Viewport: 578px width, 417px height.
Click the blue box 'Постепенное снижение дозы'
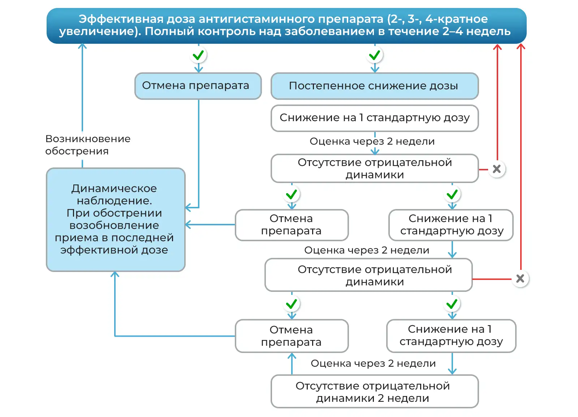point(375,86)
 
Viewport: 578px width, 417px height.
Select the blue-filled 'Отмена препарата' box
point(198,86)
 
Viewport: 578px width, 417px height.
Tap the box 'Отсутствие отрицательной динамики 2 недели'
point(375,392)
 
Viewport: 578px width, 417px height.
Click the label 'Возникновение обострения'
point(88,145)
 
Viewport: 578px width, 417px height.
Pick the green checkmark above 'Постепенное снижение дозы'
point(375,55)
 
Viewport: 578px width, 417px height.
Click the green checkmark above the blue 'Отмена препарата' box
point(198,55)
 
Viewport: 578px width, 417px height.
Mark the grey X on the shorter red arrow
point(497,169)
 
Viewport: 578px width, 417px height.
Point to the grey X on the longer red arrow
point(520,278)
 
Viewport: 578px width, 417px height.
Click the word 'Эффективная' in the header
point(121,19)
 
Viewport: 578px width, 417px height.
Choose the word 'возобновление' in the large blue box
point(114,225)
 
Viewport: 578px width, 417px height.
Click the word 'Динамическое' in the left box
point(114,188)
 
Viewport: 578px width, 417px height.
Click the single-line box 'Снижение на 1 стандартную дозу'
point(375,118)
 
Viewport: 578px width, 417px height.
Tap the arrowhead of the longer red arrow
point(521,46)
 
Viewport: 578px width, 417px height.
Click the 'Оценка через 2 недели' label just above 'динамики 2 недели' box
point(373,363)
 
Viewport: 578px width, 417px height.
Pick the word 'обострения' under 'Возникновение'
point(77,151)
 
